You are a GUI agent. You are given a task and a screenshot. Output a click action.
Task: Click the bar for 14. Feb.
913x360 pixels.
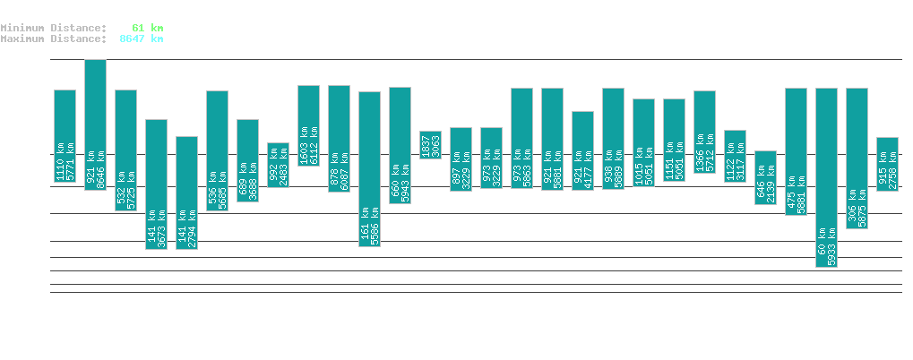(x=95, y=124)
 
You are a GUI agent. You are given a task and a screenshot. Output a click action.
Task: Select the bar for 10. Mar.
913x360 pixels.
(x=826, y=177)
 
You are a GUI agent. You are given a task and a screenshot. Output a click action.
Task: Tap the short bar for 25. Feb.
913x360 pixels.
(x=430, y=144)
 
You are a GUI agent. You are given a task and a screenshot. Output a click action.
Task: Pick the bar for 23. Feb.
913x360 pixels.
(x=369, y=168)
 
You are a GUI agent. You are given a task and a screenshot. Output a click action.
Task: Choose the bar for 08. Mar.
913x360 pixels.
(x=765, y=177)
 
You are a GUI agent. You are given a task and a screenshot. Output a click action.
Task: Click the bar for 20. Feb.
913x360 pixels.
(x=278, y=165)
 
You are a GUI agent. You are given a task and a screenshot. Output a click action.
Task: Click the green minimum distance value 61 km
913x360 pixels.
(x=147, y=28)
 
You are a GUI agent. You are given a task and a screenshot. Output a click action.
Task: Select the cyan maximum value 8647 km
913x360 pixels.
(x=141, y=39)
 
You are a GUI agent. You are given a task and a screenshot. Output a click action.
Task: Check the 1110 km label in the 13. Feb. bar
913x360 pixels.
(x=60, y=161)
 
